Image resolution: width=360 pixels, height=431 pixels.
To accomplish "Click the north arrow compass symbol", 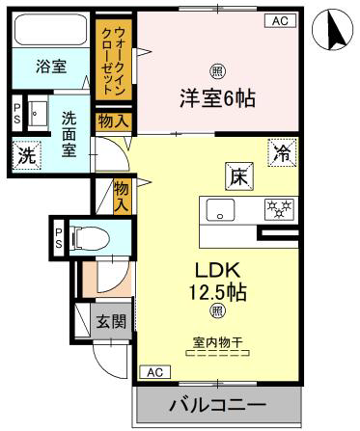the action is (332, 30).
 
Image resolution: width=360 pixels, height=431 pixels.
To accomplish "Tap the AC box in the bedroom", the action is (280, 21).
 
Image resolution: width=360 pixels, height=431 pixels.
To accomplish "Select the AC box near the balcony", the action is (155, 372).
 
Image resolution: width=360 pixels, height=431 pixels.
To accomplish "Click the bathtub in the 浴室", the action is (52, 29).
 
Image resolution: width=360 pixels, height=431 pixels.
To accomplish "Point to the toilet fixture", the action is (90, 238).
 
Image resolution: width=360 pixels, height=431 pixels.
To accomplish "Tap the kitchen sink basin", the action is (220, 210).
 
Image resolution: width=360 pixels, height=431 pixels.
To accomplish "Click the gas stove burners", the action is (279, 210).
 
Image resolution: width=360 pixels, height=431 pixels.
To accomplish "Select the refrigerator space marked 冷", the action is (282, 152).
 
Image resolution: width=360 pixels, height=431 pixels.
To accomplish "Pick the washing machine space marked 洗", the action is (27, 155).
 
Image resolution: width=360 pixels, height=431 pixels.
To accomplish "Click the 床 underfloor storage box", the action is (239, 176).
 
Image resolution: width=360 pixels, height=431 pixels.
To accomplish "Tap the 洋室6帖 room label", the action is (217, 98).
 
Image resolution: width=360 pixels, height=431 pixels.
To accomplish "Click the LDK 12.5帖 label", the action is (218, 282).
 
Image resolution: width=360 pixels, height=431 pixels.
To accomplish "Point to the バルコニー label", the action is (218, 404).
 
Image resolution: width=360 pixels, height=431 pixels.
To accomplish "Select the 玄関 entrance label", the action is (111, 321).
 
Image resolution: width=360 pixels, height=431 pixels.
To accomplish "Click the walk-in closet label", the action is (114, 60).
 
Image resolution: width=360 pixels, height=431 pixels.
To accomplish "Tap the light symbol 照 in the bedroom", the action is (218, 71).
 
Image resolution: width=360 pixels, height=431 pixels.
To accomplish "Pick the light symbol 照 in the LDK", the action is (218, 311).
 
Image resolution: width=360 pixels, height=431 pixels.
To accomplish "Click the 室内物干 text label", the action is (218, 342).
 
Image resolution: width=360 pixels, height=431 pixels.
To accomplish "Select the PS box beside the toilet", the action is (59, 238).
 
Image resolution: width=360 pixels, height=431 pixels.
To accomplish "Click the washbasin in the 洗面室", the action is (38, 113).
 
